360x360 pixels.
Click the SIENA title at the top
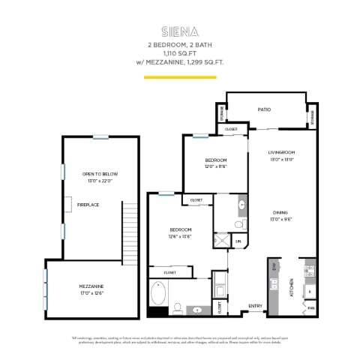coord(179,31)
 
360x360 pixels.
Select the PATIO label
coord(264,110)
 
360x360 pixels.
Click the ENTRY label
coord(255,305)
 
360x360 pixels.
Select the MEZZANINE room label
coord(91,286)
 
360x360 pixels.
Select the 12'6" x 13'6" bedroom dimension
coord(180,236)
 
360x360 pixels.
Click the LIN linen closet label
coord(238,241)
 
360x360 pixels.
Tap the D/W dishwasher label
coord(275,266)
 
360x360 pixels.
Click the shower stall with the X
coord(223,241)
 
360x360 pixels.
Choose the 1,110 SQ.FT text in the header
coord(179,54)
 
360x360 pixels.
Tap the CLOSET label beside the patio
coord(231,130)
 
